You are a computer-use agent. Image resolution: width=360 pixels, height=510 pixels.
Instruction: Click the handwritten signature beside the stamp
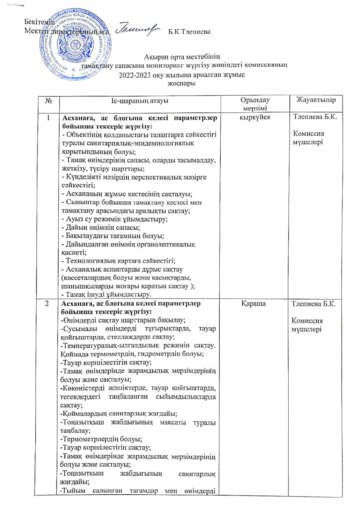pos(137,30)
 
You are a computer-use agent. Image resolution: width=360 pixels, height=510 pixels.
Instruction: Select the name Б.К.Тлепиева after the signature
pos(189,32)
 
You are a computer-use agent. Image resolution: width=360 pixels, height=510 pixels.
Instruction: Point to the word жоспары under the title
pos(182,84)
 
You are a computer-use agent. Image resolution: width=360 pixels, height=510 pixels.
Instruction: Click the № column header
pos(49,101)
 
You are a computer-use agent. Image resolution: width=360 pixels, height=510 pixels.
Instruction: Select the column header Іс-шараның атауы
pos(140,101)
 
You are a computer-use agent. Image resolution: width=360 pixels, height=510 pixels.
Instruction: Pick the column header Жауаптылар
pos(316,100)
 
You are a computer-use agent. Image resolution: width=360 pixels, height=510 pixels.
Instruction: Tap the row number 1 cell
pos(48,118)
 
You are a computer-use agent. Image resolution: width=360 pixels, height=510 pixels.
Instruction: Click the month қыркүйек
pos(255,117)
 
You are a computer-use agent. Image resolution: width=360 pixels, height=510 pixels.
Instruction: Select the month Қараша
pos(253,304)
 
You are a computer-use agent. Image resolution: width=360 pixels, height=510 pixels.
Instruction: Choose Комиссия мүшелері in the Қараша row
pos(307,325)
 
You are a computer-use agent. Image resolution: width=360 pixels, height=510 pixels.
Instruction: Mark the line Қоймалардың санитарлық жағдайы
pos(119,413)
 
